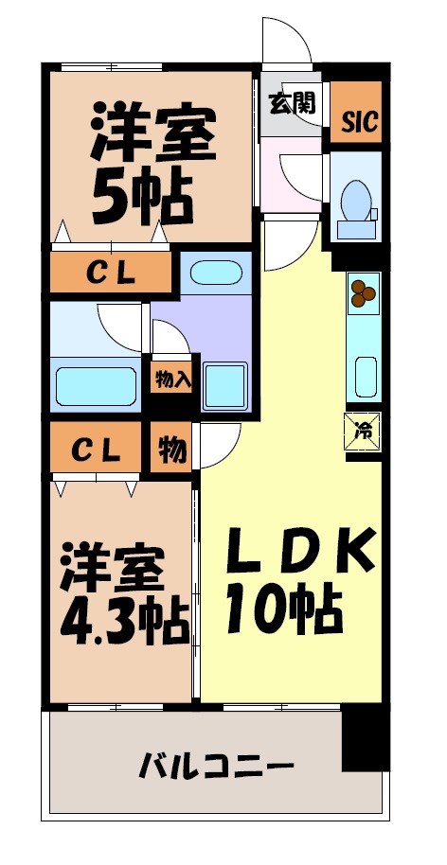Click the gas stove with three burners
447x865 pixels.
click(x=362, y=293)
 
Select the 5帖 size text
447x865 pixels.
click(x=142, y=193)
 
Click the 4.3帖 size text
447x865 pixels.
click(x=124, y=620)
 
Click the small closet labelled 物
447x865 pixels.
click(x=171, y=450)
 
